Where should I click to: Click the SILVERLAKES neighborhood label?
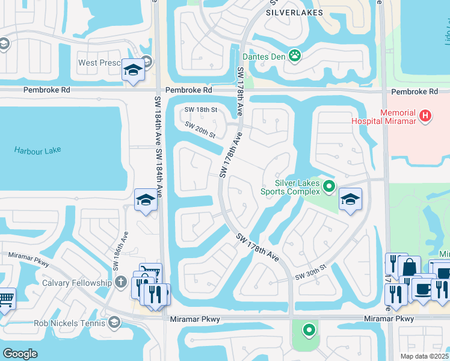click(294, 12)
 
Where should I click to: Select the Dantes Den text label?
click(263, 57)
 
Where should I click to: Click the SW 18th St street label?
click(200, 109)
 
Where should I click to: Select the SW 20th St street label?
click(200, 130)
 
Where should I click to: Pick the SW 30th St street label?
click(310, 271)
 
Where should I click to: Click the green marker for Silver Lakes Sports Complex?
click(328, 187)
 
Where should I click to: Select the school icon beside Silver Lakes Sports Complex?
click(350, 200)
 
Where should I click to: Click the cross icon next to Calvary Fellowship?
click(120, 282)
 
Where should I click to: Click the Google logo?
click(20, 353)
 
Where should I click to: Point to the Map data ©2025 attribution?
click(421, 356)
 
